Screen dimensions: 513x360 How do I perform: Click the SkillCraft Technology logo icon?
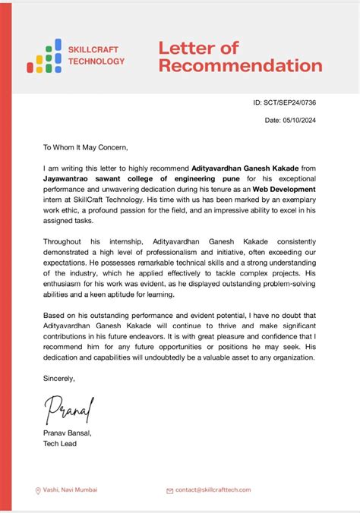tap(44, 55)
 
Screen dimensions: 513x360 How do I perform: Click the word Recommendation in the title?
tap(240, 65)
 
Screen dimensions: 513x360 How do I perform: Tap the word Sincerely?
tap(59, 377)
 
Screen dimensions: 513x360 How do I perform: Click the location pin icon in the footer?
tap(38, 490)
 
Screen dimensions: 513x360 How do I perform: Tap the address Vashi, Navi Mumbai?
tap(70, 490)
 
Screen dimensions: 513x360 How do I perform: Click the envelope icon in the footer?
tap(169, 491)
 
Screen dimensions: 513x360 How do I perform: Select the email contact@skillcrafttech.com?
tap(212, 490)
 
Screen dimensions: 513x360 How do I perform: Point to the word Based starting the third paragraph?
tap(55, 314)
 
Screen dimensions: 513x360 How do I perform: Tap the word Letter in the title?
tap(185, 48)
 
